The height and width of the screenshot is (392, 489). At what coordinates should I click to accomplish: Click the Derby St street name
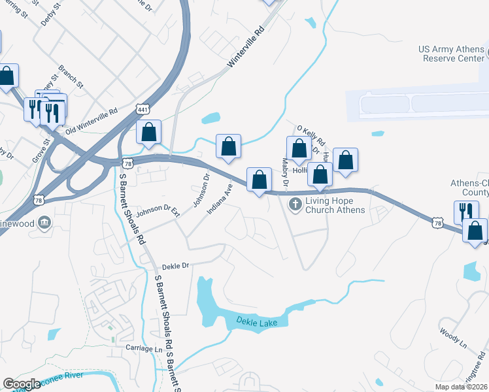click(51, 12)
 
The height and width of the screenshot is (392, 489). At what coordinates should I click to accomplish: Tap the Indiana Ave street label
click(220, 198)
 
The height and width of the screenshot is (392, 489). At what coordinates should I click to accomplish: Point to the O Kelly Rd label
click(311, 136)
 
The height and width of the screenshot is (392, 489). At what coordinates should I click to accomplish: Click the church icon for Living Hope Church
click(295, 205)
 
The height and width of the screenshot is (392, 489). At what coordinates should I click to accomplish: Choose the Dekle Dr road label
click(175, 266)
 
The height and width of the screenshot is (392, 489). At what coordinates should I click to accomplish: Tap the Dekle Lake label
click(257, 323)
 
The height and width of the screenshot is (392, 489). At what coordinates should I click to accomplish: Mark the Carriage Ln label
click(143, 350)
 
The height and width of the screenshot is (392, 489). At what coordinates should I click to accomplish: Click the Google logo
click(22, 384)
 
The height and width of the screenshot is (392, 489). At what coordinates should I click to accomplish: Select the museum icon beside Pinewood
click(44, 223)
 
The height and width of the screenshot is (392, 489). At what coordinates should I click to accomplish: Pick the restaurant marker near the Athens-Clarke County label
click(466, 212)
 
